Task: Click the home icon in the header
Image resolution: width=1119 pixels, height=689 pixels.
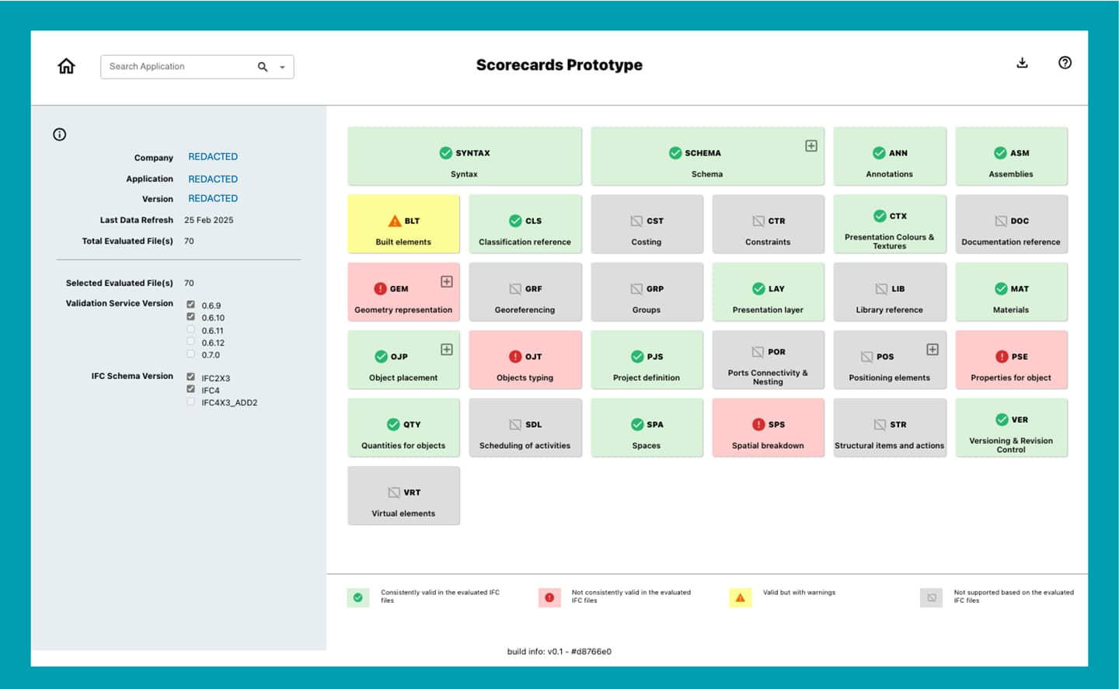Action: pyautogui.click(x=67, y=66)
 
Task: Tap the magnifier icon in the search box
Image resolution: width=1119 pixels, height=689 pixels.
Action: pyautogui.click(x=263, y=67)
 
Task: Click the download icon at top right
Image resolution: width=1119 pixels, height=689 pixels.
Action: pyautogui.click(x=1022, y=63)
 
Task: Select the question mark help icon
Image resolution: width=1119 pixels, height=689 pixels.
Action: pyautogui.click(x=1065, y=63)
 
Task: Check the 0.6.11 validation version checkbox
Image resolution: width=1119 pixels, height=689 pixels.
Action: pyautogui.click(x=190, y=329)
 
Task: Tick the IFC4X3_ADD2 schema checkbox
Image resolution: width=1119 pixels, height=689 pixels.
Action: pyautogui.click(x=190, y=402)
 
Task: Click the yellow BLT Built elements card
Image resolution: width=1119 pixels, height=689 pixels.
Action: pyautogui.click(x=403, y=224)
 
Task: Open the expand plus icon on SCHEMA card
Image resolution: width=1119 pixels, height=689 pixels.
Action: pyautogui.click(x=810, y=146)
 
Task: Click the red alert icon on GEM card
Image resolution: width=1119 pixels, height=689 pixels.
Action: pyautogui.click(x=380, y=288)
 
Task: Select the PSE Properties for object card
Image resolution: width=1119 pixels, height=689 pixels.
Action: pyautogui.click(x=1010, y=360)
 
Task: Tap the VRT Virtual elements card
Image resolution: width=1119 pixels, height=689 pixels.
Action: pyautogui.click(x=403, y=496)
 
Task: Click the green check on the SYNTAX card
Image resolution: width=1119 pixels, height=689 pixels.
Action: pyautogui.click(x=446, y=153)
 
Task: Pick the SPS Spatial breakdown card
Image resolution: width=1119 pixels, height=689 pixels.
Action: pyautogui.click(x=768, y=427)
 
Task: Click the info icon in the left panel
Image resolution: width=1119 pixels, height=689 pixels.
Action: pyautogui.click(x=60, y=134)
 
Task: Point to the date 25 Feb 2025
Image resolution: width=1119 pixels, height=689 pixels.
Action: pyautogui.click(x=208, y=220)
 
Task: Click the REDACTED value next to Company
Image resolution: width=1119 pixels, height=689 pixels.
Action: pyautogui.click(x=213, y=157)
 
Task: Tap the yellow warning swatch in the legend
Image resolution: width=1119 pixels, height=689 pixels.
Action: pyautogui.click(x=740, y=597)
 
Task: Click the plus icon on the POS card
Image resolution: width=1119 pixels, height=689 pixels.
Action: pyautogui.click(x=932, y=350)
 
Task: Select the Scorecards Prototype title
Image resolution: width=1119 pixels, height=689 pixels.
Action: pyautogui.click(x=559, y=65)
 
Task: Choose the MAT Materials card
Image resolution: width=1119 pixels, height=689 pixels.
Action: pyautogui.click(x=1010, y=292)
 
